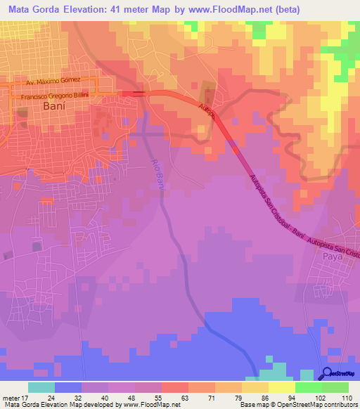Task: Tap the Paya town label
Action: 332,257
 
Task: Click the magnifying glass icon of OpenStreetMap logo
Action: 328,373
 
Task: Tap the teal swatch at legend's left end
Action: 41,387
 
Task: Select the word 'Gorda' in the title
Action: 56,10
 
